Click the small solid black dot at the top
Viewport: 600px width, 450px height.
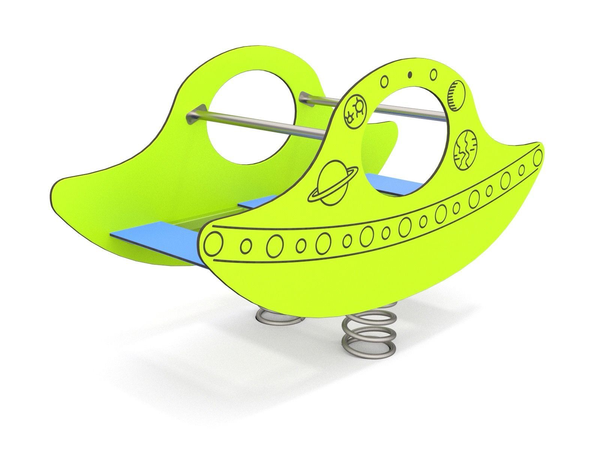(410, 74)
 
